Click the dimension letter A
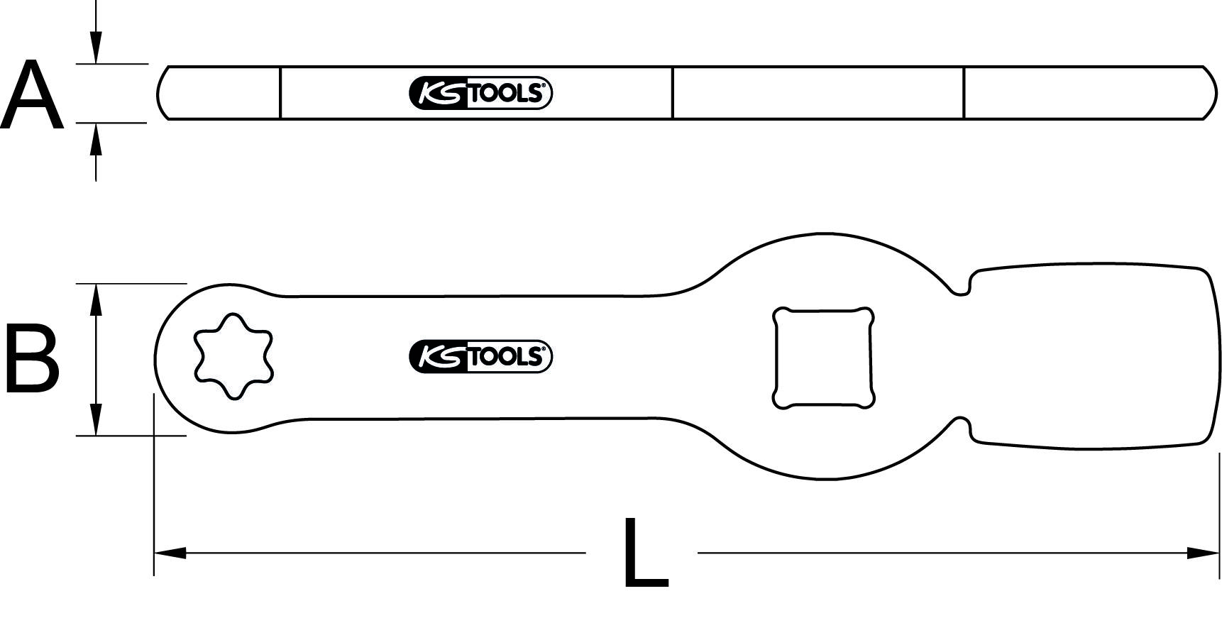coord(32,96)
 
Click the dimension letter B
coord(32,358)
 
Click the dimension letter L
coord(646,553)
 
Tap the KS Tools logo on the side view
coord(480,93)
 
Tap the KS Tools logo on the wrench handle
coord(480,356)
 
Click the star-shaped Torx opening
coord(233,356)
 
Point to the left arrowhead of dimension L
coord(170,553)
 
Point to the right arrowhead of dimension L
coord(1203,553)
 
